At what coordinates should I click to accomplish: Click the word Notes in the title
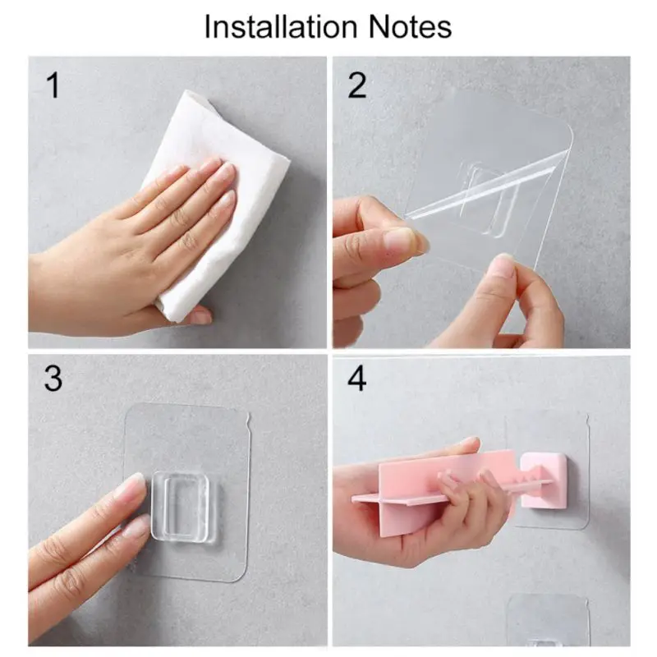pyautogui.click(x=410, y=27)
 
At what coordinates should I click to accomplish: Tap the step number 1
pyautogui.click(x=53, y=85)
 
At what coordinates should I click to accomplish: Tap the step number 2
pyautogui.click(x=357, y=85)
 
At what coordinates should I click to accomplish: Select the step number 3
pyautogui.click(x=53, y=379)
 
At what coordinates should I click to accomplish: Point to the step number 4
pyautogui.click(x=357, y=379)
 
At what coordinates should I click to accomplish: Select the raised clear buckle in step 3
pyautogui.click(x=180, y=507)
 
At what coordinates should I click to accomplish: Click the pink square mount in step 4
pyautogui.click(x=544, y=480)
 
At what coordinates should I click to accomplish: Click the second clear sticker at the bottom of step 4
pyautogui.click(x=548, y=621)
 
